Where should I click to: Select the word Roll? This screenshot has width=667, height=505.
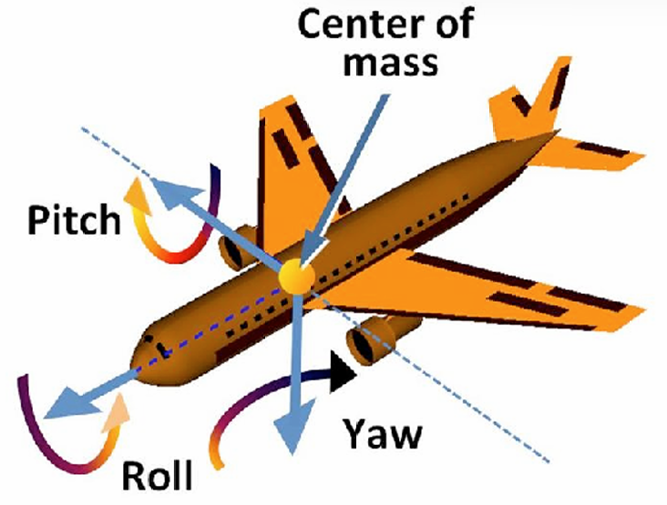click(x=156, y=476)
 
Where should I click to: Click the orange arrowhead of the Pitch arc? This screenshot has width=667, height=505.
click(x=137, y=189)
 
